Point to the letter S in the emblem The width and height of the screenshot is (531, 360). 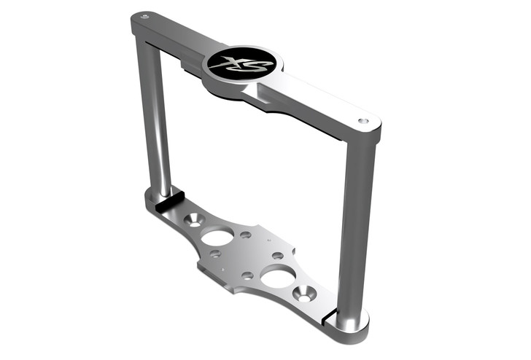coord(251,67)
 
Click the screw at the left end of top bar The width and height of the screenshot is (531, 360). coord(144,16)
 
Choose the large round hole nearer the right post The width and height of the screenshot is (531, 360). coord(278,276)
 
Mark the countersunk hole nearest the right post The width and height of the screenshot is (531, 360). coord(304,294)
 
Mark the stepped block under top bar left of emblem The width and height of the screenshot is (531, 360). coord(191,67)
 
